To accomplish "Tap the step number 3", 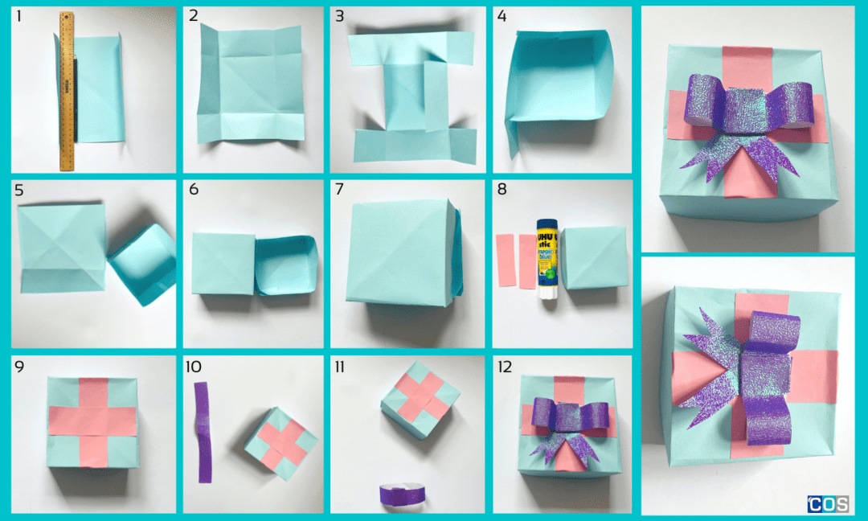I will point(340,16).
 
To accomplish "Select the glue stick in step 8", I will point(547,258).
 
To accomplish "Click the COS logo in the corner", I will point(828,504).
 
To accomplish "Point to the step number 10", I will point(194,367).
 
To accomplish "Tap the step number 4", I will point(502,16).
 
